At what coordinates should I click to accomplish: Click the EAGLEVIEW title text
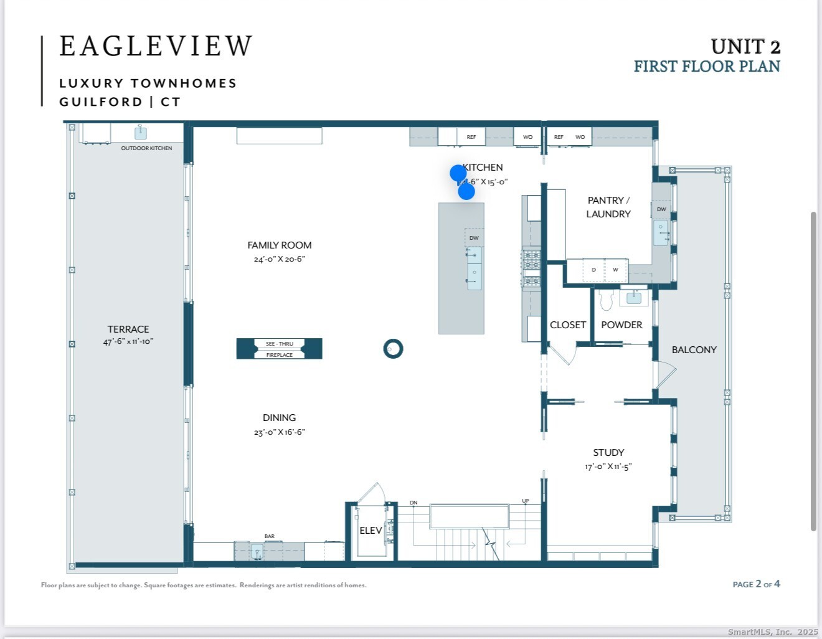pos(156,47)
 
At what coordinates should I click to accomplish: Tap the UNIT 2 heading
pos(745,47)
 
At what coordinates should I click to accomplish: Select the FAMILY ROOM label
pos(279,245)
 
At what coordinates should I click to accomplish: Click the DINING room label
pos(279,418)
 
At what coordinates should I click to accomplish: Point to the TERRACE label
pos(128,329)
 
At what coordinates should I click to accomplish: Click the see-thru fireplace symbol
pos(279,349)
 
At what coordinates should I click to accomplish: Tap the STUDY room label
pos(608,453)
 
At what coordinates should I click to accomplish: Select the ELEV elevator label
pos(371,531)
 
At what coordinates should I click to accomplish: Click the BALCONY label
pos(694,350)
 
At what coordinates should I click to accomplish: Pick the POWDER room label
pos(621,325)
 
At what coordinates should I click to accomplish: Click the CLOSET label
pos(567,325)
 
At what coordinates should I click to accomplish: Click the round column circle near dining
pos(393,349)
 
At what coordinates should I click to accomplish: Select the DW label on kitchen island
pos(474,238)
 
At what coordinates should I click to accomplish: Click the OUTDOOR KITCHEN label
pos(146,148)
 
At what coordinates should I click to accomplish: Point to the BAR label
pos(269,536)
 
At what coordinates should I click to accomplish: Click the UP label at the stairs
pos(525,501)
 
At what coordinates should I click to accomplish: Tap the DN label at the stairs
pos(413,503)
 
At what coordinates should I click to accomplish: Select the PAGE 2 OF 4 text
pos(756,584)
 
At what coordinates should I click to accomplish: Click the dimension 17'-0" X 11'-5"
pos(608,466)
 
